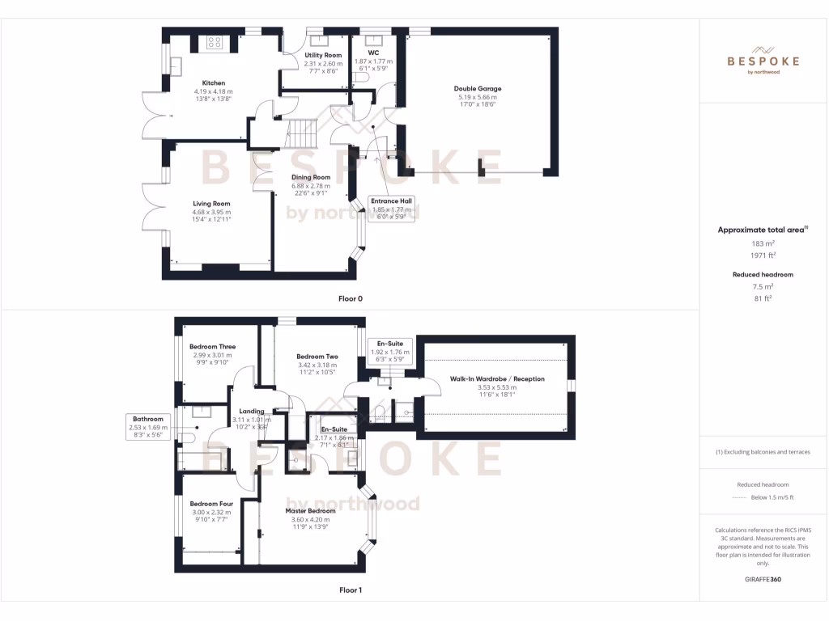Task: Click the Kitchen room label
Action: tap(214, 83)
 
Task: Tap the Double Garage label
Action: tap(477, 89)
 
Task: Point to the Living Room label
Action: tap(211, 204)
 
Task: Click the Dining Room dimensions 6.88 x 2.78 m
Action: tap(311, 186)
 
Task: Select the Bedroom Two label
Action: tap(317, 357)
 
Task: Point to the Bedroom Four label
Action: tap(211, 504)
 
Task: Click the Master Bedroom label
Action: tap(310, 511)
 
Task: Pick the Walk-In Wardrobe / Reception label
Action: tap(497, 379)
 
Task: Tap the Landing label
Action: tap(251, 412)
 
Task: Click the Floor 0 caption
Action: tap(351, 299)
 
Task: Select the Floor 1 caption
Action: tap(351, 590)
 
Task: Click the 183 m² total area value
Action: tap(763, 243)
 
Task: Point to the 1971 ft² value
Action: tap(763, 255)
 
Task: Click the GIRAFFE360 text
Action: tap(763, 580)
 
